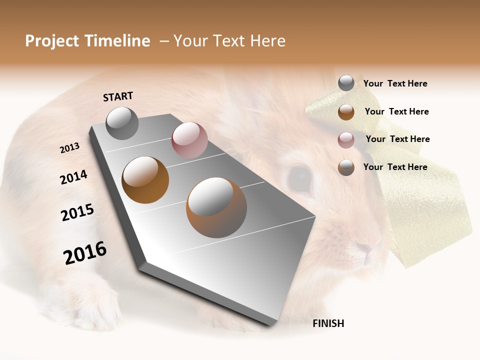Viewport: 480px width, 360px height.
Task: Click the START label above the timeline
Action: (x=118, y=96)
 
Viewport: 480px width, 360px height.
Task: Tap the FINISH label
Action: (x=328, y=323)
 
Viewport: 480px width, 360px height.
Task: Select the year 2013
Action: (x=69, y=148)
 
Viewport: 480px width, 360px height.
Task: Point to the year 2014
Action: (x=73, y=177)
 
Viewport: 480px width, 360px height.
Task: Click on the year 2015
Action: (x=77, y=212)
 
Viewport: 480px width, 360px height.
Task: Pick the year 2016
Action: (x=85, y=253)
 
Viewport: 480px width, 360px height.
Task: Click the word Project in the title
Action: (x=52, y=41)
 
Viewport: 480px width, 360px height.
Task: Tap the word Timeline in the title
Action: (x=117, y=41)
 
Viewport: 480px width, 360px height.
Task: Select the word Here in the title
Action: (x=267, y=41)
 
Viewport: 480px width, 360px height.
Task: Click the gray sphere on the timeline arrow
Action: (x=122, y=123)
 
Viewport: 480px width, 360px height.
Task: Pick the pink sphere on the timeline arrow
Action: (x=189, y=140)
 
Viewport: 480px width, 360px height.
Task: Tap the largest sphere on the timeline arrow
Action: (x=216, y=207)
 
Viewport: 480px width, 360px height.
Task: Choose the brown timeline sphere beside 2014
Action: (x=145, y=180)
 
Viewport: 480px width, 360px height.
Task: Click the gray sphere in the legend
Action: (x=346, y=83)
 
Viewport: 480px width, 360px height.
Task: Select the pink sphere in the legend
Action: (x=346, y=140)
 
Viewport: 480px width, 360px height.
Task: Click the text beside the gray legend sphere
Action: (x=395, y=83)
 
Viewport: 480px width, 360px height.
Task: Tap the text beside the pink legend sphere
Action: (x=397, y=139)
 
